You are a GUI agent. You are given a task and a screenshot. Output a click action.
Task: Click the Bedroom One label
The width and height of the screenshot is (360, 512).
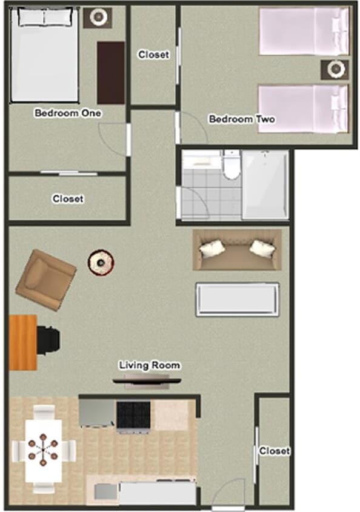tap(68, 113)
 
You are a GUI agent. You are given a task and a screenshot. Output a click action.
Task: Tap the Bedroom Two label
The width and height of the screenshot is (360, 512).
tap(241, 119)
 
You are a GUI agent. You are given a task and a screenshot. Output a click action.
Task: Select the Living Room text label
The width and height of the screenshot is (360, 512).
tap(149, 365)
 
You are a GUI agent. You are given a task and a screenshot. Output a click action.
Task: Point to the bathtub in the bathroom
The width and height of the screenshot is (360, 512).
tap(265, 184)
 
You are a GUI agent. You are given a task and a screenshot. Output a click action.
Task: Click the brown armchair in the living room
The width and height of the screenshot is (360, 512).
tap(45, 281)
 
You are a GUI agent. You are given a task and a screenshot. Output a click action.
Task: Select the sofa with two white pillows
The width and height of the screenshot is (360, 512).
tap(237, 249)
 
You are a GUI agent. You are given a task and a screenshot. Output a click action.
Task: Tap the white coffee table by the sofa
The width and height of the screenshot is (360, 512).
tap(237, 299)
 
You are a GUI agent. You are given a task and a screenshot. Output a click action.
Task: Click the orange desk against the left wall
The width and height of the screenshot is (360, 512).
tap(23, 342)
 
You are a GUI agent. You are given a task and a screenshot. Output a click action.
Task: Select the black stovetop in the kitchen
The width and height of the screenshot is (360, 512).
tap(133, 416)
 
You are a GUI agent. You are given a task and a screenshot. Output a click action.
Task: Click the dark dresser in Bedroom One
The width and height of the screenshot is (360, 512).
tap(111, 72)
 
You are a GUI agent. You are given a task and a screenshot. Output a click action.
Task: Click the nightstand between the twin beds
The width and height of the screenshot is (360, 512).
tap(335, 69)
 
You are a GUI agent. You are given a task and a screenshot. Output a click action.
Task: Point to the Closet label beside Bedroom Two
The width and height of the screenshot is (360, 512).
tap(153, 55)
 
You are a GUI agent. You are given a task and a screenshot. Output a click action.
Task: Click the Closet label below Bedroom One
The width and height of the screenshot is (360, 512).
tap(68, 198)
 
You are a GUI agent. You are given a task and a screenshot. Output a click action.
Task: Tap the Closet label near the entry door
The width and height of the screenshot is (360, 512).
tap(275, 451)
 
